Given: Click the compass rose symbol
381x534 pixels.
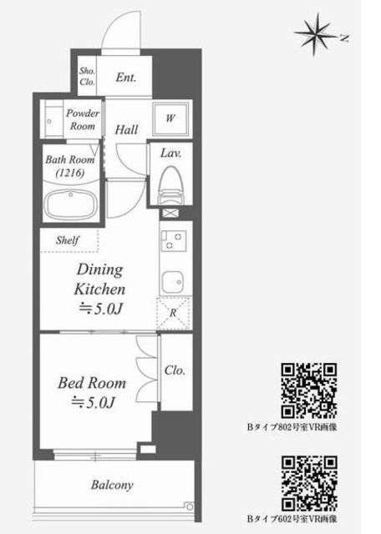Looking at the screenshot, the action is [x=315, y=34].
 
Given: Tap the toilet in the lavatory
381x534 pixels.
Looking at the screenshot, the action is [x=170, y=185].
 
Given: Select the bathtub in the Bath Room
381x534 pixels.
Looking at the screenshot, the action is [x=71, y=205].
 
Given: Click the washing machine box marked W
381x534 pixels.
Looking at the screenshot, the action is [x=170, y=118].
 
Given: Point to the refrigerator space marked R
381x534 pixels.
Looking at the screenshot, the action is [x=173, y=314].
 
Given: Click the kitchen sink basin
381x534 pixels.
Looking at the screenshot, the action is [x=173, y=282].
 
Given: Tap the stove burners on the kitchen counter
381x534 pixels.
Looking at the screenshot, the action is [x=174, y=241].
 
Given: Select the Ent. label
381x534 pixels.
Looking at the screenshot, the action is [x=125, y=78].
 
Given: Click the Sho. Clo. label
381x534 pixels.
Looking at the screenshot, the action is [x=88, y=76].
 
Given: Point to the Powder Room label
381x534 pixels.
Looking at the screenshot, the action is [x=83, y=119].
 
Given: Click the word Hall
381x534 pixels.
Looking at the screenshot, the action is [x=126, y=129].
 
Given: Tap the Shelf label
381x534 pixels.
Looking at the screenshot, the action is [x=68, y=240].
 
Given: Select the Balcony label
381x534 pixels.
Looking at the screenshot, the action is [x=112, y=485].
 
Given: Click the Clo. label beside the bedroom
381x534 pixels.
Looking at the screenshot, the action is [x=175, y=370].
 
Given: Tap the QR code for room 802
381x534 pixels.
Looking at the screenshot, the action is [x=309, y=390].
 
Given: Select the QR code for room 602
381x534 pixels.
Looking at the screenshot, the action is [x=309, y=484].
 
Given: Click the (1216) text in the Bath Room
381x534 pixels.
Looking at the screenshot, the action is [x=70, y=173].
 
